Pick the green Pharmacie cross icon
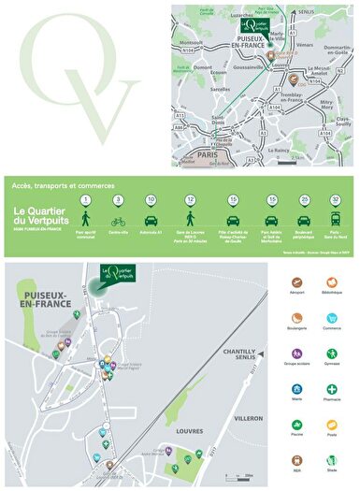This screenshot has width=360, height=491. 332,389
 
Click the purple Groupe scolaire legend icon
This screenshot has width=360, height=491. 297,354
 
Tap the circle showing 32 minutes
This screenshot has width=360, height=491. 335,199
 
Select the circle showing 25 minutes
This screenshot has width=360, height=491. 305,199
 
